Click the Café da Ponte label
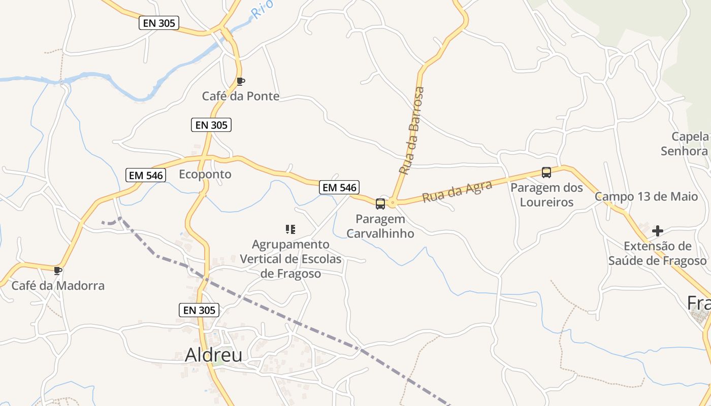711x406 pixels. point(241,96)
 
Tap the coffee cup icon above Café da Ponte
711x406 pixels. point(241,81)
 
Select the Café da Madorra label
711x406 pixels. point(58,285)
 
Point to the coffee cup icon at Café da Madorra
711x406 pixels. point(58,270)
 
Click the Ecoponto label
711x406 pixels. point(205,174)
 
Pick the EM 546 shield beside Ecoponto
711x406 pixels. point(146,175)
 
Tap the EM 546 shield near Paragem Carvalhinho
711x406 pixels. point(339,187)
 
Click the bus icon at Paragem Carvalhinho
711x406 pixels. point(380,204)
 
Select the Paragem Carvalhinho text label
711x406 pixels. point(380,226)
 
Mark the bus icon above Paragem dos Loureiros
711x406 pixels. point(546,173)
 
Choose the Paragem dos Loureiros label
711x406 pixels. point(546,195)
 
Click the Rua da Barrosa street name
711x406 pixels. point(412,131)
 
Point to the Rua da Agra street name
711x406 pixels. point(457,191)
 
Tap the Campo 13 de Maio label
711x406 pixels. point(646,196)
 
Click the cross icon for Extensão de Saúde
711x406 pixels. point(658,231)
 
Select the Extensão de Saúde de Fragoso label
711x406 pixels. point(658,254)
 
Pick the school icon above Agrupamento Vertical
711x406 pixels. point(290,229)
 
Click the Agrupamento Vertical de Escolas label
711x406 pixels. point(290,259)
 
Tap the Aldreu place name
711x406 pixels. point(213,355)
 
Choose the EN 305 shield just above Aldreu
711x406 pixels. point(199,310)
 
